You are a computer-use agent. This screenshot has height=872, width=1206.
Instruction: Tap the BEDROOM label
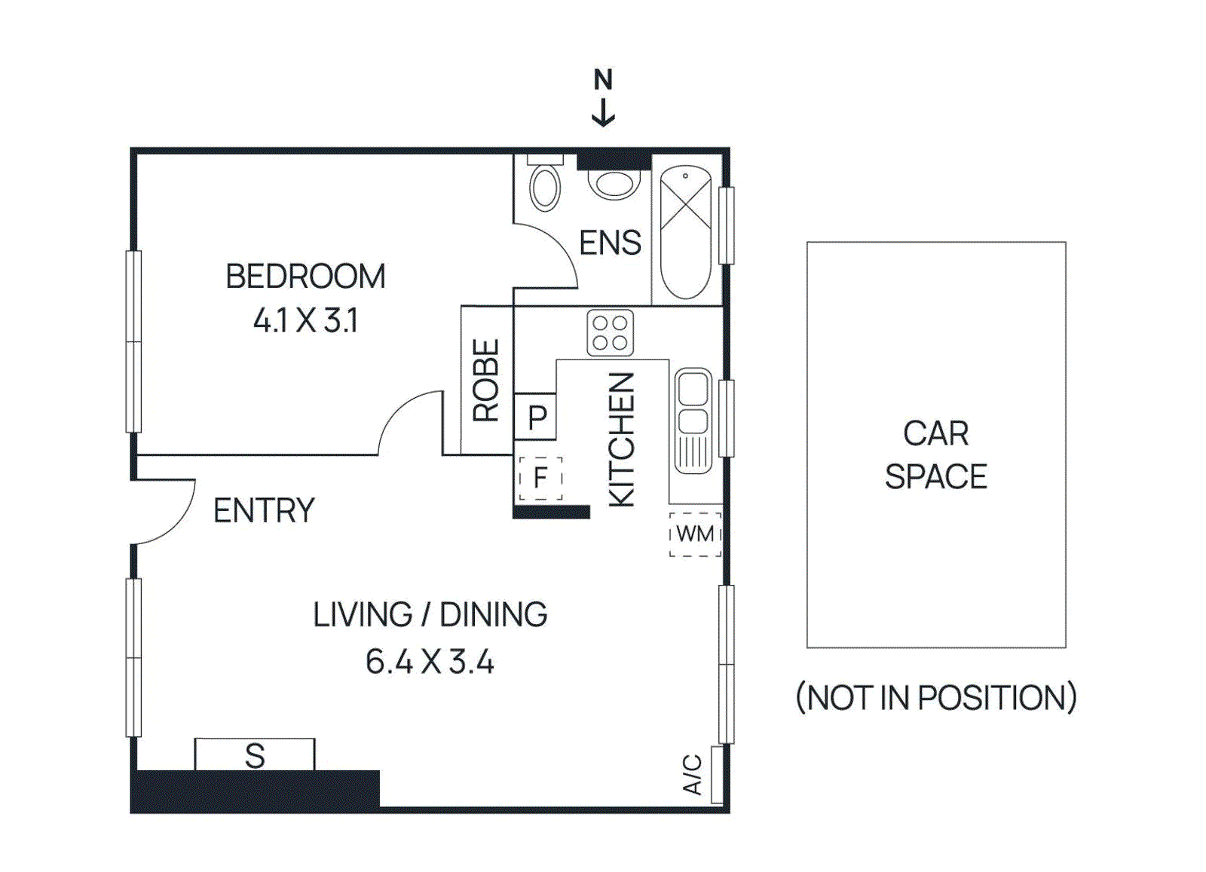pos(305,277)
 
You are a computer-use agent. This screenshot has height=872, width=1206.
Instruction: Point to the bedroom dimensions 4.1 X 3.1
pos(305,321)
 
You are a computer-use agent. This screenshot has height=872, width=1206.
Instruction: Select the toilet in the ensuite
pos(545,186)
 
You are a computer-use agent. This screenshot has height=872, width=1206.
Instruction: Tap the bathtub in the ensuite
pos(685,231)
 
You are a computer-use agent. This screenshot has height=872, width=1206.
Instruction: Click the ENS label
pos(610,243)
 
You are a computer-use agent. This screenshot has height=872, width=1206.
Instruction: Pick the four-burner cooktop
pos(610,333)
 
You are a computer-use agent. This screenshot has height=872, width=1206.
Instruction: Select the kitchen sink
pos(692,421)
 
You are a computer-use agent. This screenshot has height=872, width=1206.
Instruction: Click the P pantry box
pos(536,417)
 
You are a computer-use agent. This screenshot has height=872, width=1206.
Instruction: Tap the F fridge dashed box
pos(540,478)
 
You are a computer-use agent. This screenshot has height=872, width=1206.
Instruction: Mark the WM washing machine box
pos(695,534)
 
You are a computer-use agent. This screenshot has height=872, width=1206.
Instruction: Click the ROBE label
pos(486,381)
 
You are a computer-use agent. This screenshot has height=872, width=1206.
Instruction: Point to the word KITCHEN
pos(622,439)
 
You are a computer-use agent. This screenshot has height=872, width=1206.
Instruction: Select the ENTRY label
pos(264,511)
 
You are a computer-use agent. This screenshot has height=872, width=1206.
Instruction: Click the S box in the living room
pos(255,754)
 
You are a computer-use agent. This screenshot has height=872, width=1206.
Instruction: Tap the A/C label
pos(693,775)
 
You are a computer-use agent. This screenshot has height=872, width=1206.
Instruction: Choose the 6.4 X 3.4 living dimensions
pos(430,662)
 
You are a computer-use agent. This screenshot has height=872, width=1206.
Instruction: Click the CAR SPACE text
pos(935,455)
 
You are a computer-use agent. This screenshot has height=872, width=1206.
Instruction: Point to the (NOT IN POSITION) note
pos(936,698)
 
